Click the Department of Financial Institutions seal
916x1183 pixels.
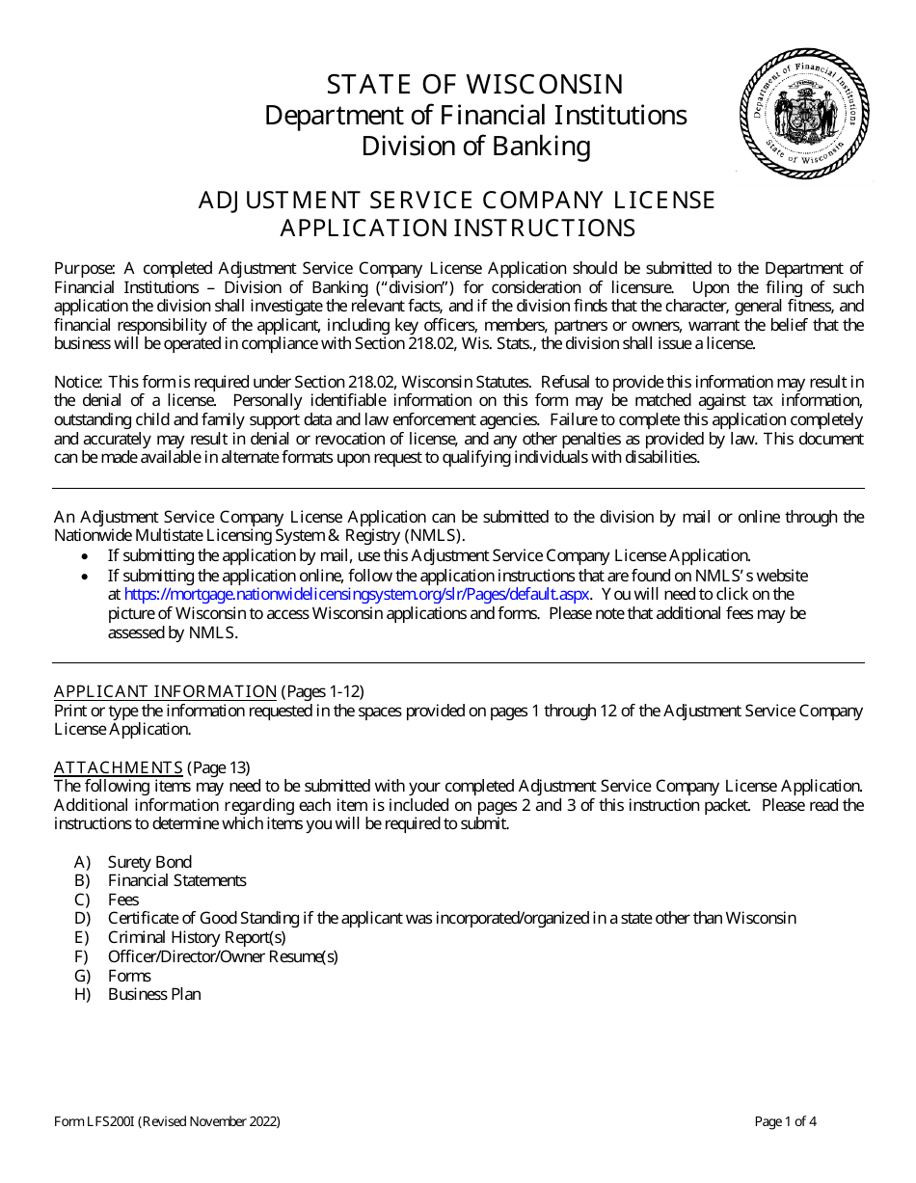coord(804,115)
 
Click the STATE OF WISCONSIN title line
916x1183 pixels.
coord(475,84)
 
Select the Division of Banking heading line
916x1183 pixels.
coord(475,147)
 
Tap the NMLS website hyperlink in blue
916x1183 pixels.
coord(357,595)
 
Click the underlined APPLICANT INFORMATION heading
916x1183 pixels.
coord(165,691)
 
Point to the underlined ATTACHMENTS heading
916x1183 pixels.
coord(118,767)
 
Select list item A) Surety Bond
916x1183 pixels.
coord(148,862)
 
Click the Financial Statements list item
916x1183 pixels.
coord(176,880)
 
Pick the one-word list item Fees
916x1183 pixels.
coord(122,900)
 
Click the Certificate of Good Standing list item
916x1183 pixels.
coord(451,918)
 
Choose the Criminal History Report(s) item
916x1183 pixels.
coord(196,937)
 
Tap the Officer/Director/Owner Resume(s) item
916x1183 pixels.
coord(222,956)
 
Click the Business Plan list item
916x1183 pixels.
coord(154,994)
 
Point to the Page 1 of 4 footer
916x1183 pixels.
coord(785,1121)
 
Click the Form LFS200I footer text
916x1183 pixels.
coord(167,1121)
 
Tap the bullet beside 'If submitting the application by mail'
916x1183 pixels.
coord(87,556)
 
